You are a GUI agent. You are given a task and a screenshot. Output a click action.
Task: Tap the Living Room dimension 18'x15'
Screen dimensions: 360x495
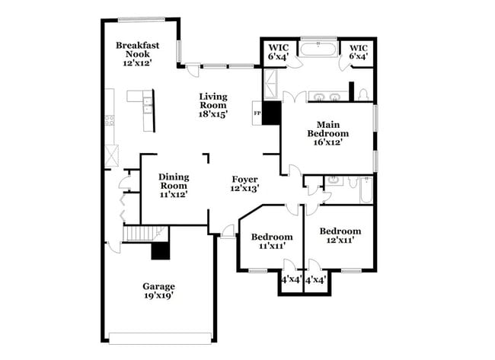point(214,113)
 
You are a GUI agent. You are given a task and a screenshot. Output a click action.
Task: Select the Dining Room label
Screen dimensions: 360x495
point(173,177)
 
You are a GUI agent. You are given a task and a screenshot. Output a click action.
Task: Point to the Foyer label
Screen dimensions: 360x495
point(244,180)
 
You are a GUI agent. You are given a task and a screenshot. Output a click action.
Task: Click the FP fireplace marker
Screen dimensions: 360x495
point(257,113)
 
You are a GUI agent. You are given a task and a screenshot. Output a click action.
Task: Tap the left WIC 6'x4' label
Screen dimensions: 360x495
point(276,51)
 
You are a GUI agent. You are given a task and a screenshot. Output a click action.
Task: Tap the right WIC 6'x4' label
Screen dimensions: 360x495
point(357,51)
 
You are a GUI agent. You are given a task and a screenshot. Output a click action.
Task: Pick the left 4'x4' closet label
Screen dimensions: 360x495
point(290,279)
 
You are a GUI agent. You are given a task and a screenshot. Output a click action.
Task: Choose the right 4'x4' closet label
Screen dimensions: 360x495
point(315,279)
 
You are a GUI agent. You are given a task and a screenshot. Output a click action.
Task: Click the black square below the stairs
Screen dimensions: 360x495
point(161,250)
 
